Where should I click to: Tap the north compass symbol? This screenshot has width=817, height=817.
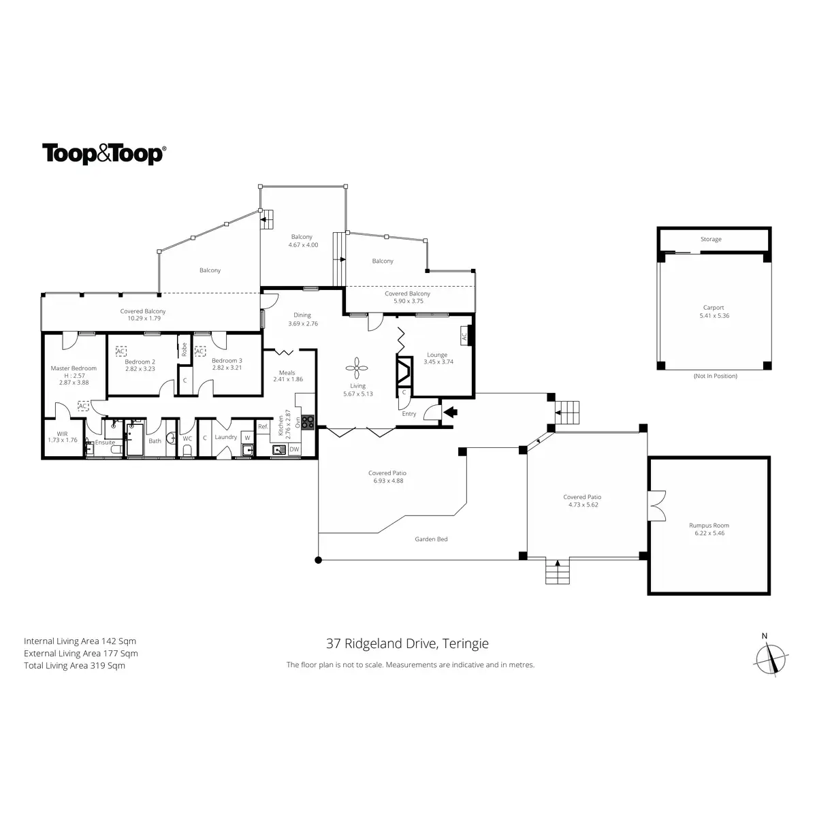772,658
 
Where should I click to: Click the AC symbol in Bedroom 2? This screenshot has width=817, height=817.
121,351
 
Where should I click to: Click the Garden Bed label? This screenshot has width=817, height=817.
432,539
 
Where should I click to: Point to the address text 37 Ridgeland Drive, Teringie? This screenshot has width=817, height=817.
406,643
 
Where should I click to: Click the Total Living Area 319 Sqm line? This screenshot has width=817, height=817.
74,666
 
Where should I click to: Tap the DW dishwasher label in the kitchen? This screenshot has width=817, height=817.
294,449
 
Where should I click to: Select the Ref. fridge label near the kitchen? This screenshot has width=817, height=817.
263,427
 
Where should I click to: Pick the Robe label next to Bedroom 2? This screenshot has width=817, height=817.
184,349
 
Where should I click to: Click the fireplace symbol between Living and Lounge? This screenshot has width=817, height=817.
404,372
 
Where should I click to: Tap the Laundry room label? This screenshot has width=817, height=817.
225,437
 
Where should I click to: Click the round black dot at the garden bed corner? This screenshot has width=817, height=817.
318,560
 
